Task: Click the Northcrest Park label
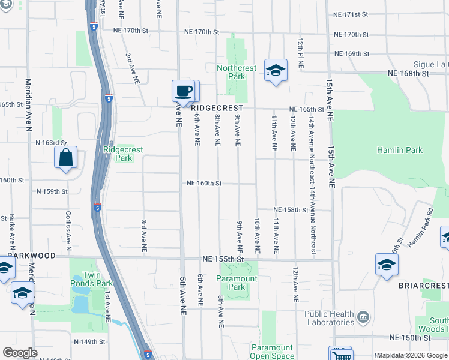(237, 72)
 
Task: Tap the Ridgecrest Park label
(118, 154)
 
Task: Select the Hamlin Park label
(399, 150)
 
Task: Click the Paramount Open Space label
(272, 352)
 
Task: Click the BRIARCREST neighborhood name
(426, 286)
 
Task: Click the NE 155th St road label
(224, 259)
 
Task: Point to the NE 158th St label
(291, 210)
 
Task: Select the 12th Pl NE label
(299, 53)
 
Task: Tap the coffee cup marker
(184, 92)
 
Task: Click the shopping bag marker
(65, 159)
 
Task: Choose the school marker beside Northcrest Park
(276, 71)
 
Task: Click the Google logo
(20, 353)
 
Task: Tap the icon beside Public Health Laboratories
(363, 316)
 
